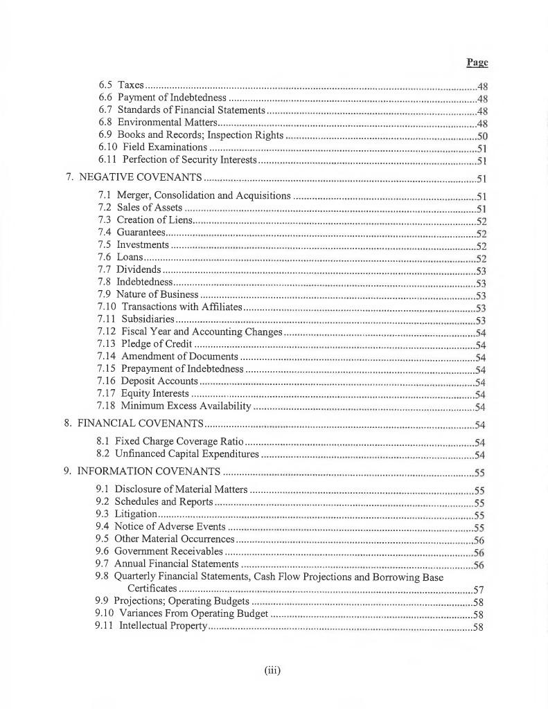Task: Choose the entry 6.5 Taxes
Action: pos(121,86)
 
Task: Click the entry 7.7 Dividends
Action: pos(130,269)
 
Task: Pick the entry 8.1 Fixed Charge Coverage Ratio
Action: pos(170,441)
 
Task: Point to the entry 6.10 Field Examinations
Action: pos(153,147)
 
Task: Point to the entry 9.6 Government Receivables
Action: pos(160,552)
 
